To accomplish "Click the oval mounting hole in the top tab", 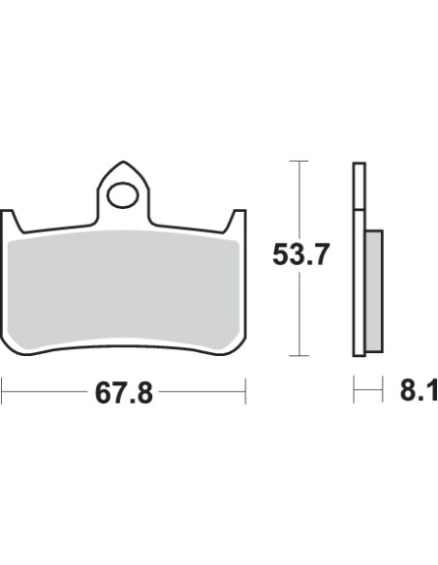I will point(123,196).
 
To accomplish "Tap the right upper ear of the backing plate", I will point(236,222).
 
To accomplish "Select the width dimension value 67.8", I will point(124,394).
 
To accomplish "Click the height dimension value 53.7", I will point(300,256).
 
